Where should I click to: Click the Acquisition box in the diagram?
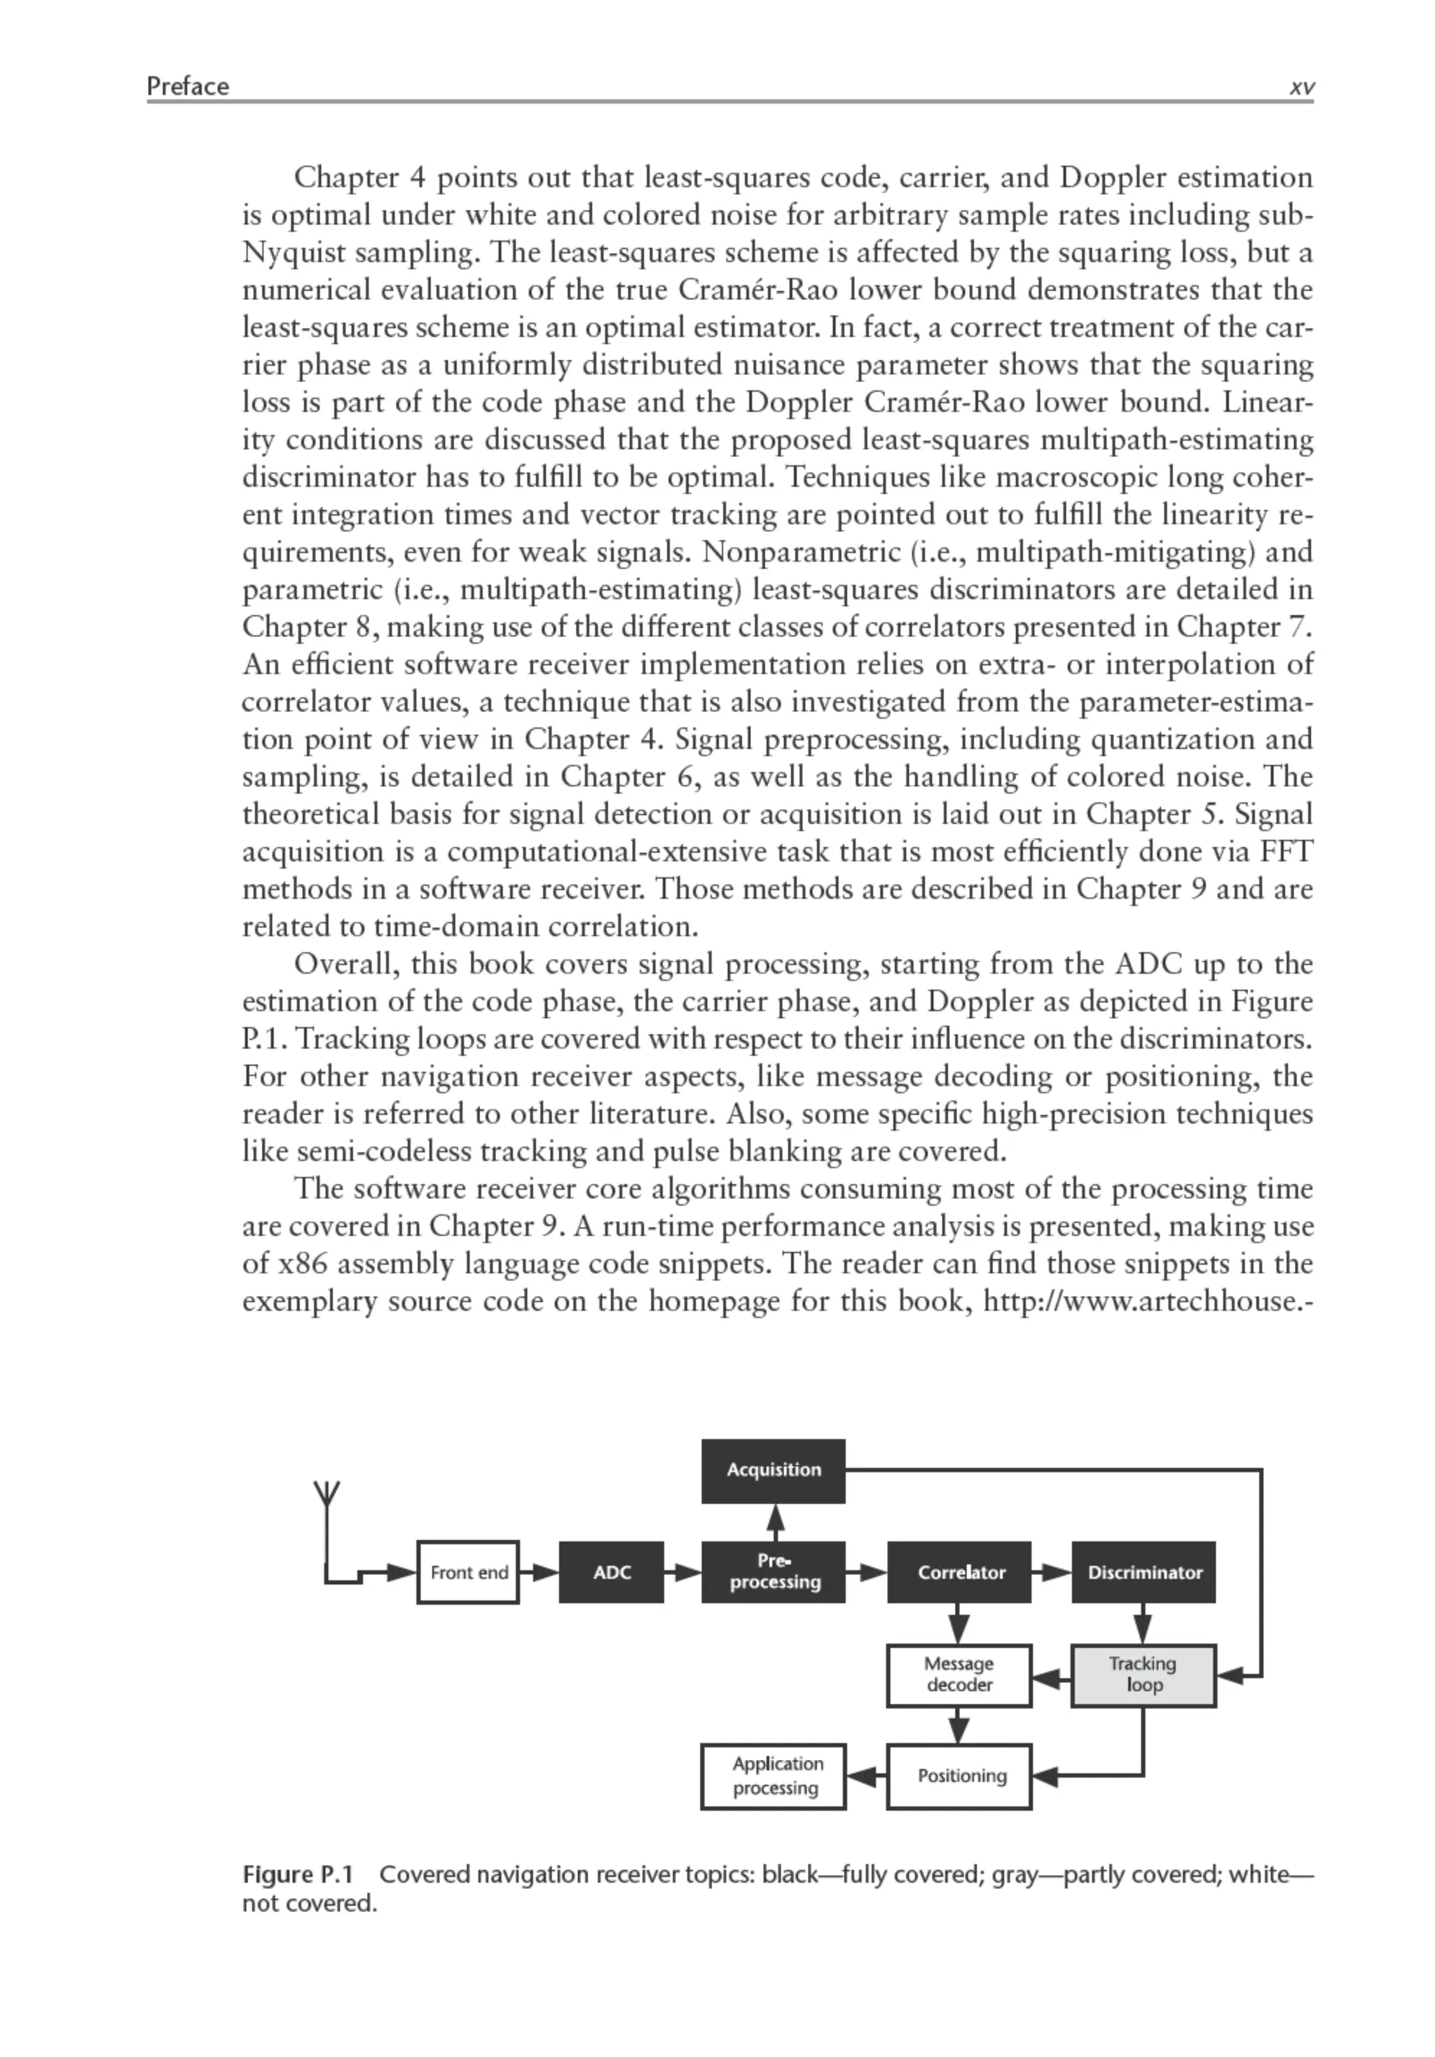point(772,1469)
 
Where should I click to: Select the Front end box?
point(467,1571)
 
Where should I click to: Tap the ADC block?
point(611,1571)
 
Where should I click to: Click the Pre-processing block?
point(772,1571)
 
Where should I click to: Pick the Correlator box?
point(959,1571)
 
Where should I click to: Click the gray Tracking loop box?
point(1143,1674)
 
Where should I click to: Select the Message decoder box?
point(959,1674)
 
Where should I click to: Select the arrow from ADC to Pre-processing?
point(682,1571)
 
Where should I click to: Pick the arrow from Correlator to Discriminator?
point(1052,1571)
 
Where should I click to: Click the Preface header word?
point(188,86)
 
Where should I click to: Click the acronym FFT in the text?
point(1286,851)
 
